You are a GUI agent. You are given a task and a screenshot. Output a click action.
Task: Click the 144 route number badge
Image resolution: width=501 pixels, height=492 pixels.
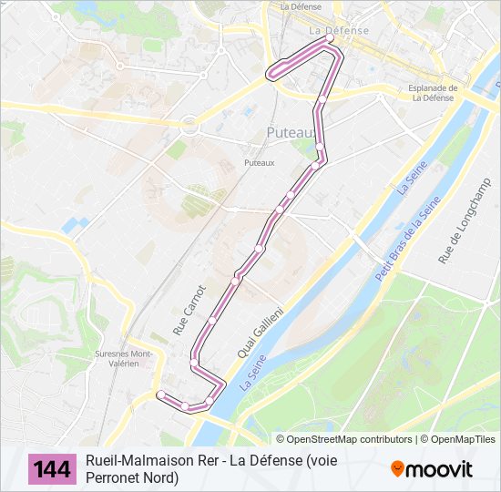point(53,469)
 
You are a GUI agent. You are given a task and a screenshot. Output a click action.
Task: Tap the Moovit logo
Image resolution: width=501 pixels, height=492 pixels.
point(432,469)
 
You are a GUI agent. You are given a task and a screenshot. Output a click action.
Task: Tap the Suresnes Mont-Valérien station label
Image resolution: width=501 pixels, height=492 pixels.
point(123,358)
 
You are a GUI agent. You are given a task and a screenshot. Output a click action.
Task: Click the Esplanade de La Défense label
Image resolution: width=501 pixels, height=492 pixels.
point(432,93)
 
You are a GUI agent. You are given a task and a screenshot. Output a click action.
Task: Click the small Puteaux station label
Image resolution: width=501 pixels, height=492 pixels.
point(259,163)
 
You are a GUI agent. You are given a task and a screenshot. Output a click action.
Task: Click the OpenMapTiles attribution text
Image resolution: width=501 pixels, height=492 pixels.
point(463,439)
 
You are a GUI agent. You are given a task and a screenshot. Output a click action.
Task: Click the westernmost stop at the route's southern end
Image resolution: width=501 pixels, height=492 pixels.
point(161,395)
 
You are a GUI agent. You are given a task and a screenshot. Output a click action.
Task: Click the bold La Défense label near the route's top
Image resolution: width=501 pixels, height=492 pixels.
point(339,30)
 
